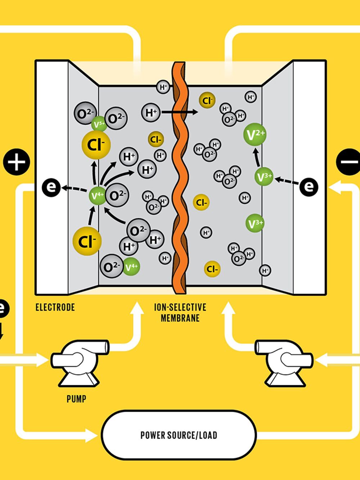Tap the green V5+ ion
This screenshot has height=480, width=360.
pos(99,124)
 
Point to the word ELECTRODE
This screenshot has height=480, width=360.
pos(55,307)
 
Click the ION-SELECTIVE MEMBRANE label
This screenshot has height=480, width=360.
pos(180,312)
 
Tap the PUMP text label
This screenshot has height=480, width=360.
pos(76,399)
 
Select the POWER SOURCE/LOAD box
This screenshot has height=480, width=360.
pos(179,435)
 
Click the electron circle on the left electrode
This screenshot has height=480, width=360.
pos(51,187)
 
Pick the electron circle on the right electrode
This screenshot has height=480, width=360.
pos(309,186)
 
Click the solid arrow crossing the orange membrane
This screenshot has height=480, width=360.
pos(180,112)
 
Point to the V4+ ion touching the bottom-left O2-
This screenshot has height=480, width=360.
pos(131,267)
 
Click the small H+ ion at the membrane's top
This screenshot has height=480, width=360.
pos(163,87)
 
